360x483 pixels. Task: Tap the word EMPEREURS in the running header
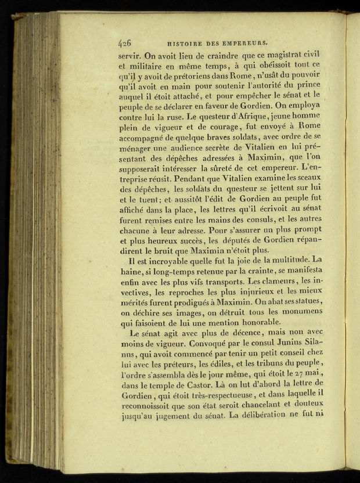[x=245, y=42]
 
